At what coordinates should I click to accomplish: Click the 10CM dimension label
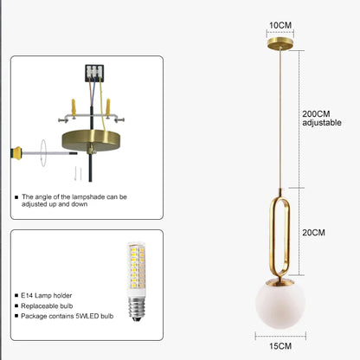[280, 25]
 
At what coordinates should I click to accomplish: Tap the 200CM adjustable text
[322, 119]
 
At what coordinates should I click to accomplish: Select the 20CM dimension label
[313, 233]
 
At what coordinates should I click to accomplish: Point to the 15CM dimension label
[280, 346]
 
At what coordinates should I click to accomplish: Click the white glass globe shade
[280, 305]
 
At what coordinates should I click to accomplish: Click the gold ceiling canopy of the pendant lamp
[280, 44]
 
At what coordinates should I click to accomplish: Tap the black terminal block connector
[94, 73]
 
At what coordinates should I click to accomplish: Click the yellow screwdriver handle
[16, 153]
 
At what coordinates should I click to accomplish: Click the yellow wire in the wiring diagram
[102, 104]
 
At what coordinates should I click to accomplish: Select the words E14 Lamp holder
[46, 295]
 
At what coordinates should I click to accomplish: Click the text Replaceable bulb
[47, 305]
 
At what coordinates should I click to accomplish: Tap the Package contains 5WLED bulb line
[67, 316]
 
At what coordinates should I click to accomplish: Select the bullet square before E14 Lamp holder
[16, 295]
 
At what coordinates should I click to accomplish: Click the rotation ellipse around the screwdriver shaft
[43, 153]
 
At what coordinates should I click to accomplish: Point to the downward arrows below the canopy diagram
[78, 173]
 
